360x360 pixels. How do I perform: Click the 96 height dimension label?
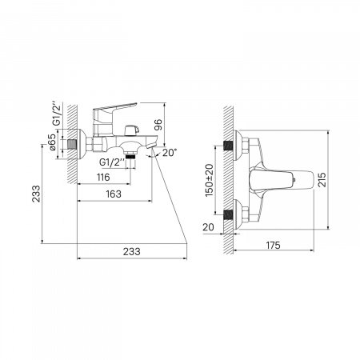158,125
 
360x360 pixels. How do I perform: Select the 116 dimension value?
103,177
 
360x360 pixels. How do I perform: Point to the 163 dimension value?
114,194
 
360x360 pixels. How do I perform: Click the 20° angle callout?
170,153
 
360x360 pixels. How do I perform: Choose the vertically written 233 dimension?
36,194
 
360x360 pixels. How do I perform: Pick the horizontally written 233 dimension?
132,251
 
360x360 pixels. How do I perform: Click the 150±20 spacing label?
210,181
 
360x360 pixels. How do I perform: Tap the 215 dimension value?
322,180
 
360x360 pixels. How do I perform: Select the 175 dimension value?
274,245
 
